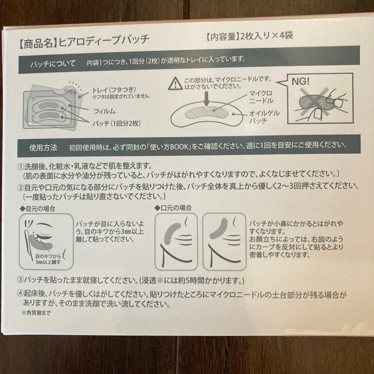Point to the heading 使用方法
click(43, 148)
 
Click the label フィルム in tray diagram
click(104, 112)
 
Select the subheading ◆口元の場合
click(173, 208)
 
